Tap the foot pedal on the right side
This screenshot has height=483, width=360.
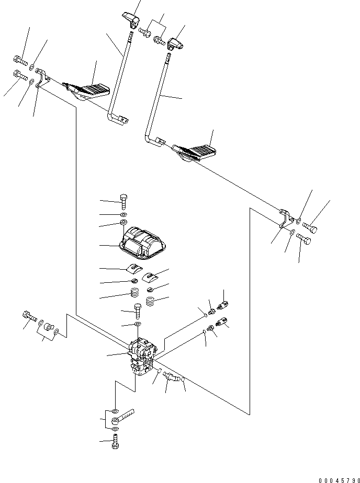tap(196, 152)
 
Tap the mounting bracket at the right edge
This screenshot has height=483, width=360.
tap(286, 218)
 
